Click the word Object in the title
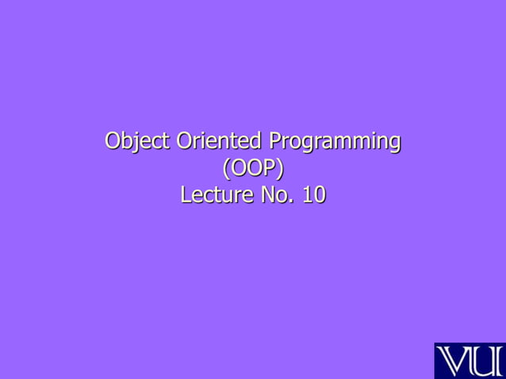click(137, 142)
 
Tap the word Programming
click(334, 144)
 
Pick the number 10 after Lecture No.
click(313, 194)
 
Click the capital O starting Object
click(114, 142)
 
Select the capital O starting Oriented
click(185, 142)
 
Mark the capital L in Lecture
click(186, 194)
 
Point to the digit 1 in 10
click(308, 194)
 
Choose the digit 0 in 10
click(319, 194)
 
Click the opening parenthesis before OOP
click(225, 169)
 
